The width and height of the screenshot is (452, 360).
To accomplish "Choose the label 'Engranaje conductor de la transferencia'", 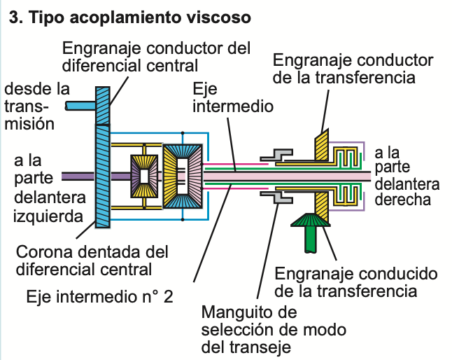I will pos(353,68).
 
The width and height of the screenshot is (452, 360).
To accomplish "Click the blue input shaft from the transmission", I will pos(78,106).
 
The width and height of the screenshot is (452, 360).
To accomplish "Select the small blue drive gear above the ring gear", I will pos(103,105).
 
